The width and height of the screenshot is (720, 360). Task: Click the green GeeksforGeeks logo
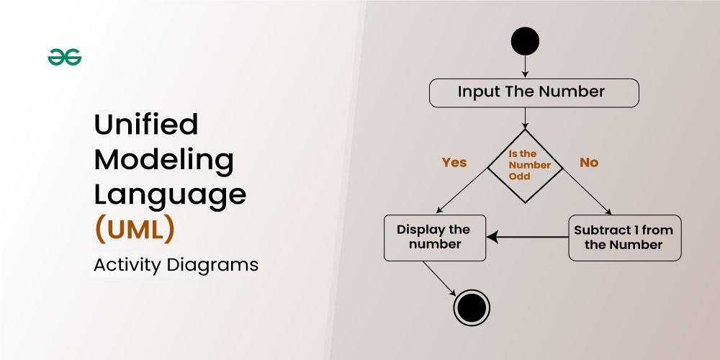[x=65, y=57]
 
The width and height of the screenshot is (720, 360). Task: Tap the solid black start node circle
[x=525, y=41]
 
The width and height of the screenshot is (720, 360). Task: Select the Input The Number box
[x=534, y=93]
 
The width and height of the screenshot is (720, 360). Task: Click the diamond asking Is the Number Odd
[x=526, y=166]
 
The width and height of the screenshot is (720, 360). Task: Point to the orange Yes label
[x=454, y=163]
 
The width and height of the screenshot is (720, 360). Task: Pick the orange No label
[x=589, y=163]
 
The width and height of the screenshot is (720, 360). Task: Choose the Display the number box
[x=435, y=238]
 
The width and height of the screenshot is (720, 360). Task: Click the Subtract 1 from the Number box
[x=625, y=238]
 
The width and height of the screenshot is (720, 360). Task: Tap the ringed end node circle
[x=472, y=307]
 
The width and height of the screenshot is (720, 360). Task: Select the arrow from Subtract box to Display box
[x=527, y=238]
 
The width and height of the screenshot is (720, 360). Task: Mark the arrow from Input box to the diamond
[x=525, y=119]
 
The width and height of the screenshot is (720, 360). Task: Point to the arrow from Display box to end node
[x=439, y=279]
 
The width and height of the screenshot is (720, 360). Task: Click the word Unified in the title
[x=146, y=124]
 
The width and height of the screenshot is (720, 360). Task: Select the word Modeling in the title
[x=164, y=159]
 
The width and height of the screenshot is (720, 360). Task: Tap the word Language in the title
[x=171, y=194]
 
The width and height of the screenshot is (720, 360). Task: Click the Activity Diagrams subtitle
[x=176, y=265]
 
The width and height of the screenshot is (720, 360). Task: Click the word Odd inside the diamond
[x=519, y=176]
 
